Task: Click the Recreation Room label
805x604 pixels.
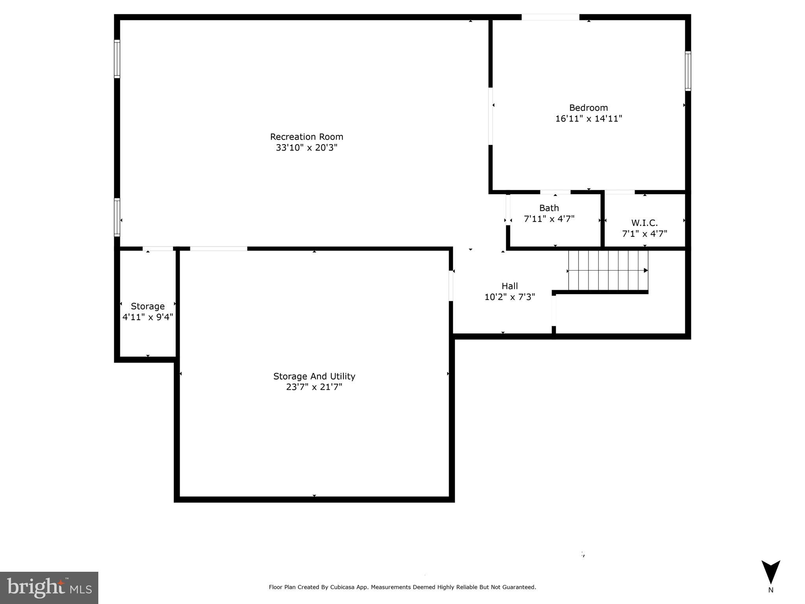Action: [x=306, y=137]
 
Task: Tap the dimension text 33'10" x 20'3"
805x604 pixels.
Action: [x=306, y=148]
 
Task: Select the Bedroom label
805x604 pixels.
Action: [x=588, y=108]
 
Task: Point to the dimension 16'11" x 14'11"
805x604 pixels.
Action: [x=588, y=118]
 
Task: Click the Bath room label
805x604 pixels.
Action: [x=549, y=208]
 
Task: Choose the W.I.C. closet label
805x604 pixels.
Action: [x=644, y=223]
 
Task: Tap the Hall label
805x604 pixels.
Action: [x=509, y=286]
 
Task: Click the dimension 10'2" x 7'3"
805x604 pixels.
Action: [x=509, y=297]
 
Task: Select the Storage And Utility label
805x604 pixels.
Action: [x=314, y=376]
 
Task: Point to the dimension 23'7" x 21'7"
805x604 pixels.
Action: [x=314, y=387]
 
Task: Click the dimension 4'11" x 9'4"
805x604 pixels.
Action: [x=147, y=317]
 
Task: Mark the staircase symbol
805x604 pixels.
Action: [x=608, y=271]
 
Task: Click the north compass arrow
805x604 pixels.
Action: [x=770, y=572]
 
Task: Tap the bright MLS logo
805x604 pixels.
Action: [x=49, y=587]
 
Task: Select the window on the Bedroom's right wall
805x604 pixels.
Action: [x=688, y=71]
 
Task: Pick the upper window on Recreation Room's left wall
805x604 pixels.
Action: [x=117, y=59]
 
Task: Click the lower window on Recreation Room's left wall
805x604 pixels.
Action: [x=117, y=217]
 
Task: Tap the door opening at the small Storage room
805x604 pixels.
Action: [x=158, y=249]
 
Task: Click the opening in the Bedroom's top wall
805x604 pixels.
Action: [x=550, y=17]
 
